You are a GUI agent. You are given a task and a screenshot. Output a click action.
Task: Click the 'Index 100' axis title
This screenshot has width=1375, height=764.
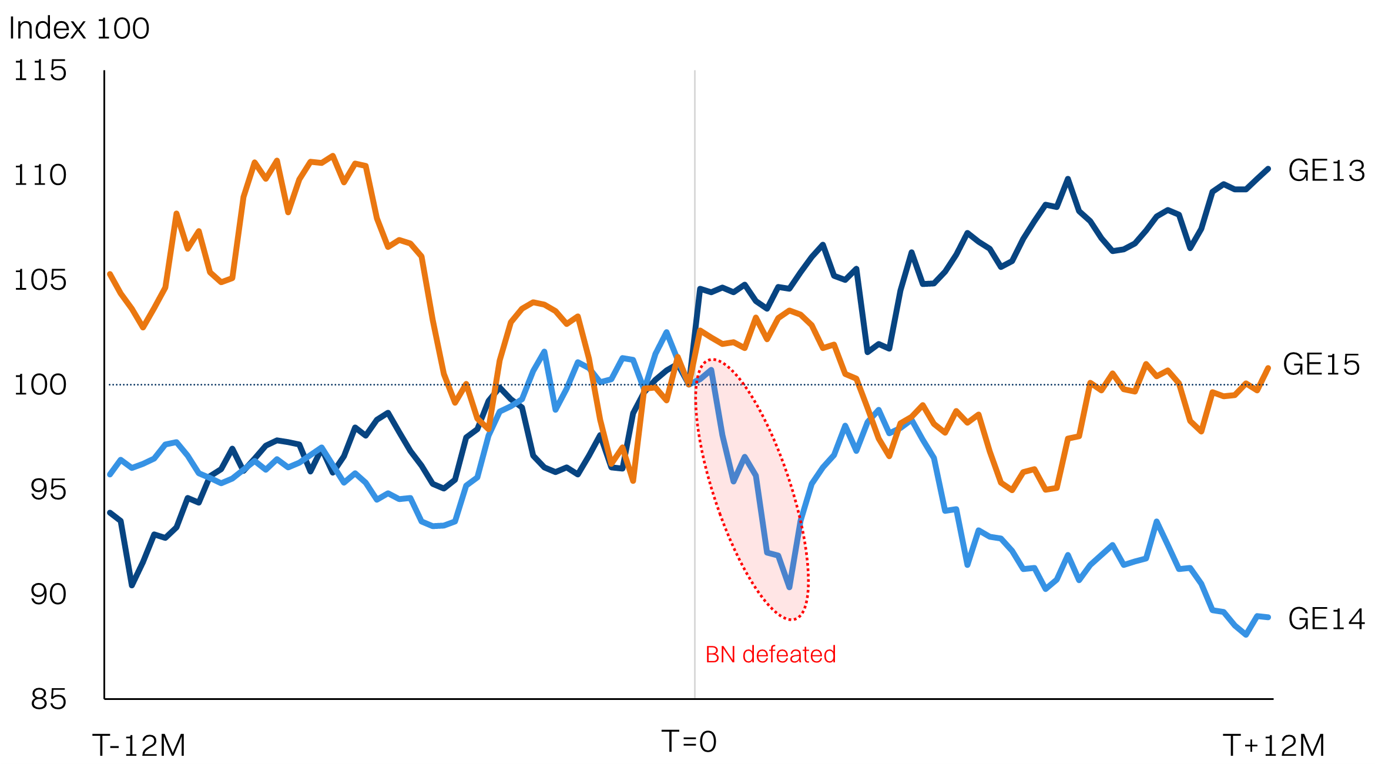[x=79, y=28]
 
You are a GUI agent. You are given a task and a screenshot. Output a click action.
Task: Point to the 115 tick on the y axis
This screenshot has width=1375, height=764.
[x=40, y=71]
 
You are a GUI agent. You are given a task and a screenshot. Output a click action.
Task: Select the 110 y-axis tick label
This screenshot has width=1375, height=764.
[x=40, y=175]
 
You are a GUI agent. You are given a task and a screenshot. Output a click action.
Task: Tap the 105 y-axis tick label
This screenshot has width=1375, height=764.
[x=40, y=280]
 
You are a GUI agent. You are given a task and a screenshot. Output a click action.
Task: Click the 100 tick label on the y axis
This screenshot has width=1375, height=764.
[x=40, y=385]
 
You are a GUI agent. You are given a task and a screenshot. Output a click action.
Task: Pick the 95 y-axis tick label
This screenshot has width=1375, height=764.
[x=48, y=490]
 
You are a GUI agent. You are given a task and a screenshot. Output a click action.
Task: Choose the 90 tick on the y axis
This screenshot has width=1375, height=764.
[x=48, y=594]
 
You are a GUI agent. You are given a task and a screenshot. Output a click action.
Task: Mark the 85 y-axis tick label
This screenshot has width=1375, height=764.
[x=48, y=699]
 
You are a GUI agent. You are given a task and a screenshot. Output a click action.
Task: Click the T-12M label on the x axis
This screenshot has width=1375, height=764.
[x=139, y=746]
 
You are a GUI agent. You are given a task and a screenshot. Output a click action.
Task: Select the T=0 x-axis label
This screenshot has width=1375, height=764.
[x=689, y=742]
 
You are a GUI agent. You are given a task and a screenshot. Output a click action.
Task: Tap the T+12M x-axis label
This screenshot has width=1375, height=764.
[x=1274, y=746]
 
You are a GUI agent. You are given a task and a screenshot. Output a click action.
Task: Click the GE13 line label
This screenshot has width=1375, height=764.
[x=1326, y=171]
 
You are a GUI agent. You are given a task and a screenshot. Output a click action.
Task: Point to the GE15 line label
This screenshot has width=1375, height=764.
[x=1321, y=364]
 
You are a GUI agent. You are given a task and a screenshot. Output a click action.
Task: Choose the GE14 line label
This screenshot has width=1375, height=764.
[x=1326, y=619]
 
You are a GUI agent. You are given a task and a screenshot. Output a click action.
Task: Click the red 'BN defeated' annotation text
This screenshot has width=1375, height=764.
[x=770, y=655]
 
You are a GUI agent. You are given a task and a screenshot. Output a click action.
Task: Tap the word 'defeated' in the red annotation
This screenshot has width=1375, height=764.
[x=789, y=655]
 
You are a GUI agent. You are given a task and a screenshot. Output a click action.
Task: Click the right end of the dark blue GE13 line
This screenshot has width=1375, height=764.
[x=1269, y=169]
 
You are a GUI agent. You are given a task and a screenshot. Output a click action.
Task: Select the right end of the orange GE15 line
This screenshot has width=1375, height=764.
[x=1269, y=368]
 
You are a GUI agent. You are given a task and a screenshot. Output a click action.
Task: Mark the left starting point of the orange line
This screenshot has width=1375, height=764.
[x=110, y=274]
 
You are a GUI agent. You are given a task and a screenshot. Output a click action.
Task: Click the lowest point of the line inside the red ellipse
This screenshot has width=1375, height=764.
[x=790, y=587]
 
